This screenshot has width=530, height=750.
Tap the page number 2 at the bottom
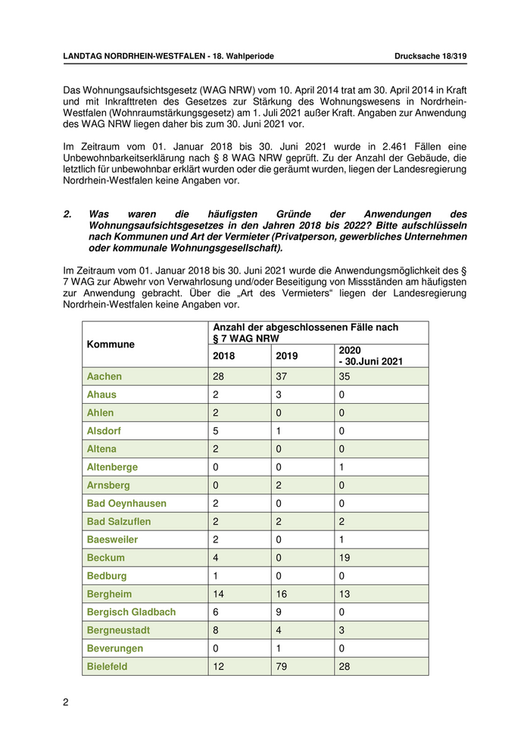(66, 702)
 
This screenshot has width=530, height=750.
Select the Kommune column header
(111, 344)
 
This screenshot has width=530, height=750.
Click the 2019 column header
(287, 356)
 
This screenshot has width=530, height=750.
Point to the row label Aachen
(104, 377)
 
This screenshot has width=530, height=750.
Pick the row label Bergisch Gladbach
(132, 612)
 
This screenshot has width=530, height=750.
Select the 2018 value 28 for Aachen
(220, 377)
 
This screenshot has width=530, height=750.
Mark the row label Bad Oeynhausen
(126, 503)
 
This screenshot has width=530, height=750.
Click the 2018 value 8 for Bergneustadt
(217, 630)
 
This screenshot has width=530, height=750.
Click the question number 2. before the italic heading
(67, 215)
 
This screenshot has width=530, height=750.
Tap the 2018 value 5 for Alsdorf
(217, 431)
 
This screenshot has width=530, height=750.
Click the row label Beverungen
(115, 648)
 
